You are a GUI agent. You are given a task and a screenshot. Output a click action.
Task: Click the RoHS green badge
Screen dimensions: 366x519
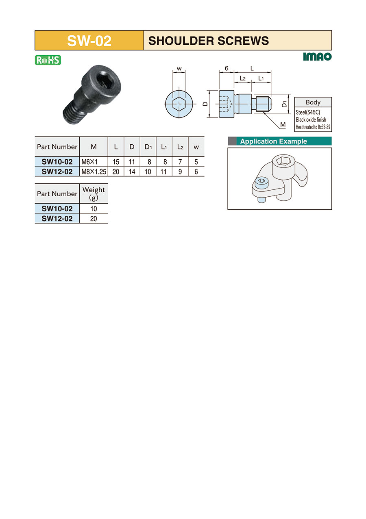tap(48, 60)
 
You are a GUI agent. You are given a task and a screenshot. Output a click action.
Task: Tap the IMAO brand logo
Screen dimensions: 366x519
tap(317, 57)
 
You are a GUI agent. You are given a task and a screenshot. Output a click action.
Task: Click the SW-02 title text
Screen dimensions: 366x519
tap(89, 41)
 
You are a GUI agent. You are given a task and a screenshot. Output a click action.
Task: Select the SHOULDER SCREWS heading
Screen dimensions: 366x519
tap(208, 41)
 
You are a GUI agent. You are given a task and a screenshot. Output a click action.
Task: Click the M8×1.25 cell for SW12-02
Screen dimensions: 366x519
tap(94, 172)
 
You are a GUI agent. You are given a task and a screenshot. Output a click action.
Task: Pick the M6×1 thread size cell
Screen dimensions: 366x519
tap(89, 162)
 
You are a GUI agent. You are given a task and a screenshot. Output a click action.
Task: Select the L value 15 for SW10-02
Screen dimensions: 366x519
tap(116, 162)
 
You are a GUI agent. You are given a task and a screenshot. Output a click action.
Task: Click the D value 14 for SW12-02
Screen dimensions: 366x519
tap(132, 172)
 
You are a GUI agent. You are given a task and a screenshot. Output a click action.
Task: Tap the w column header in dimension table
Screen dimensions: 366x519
tap(196, 147)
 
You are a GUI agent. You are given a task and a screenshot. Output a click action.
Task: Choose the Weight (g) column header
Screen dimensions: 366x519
tap(94, 193)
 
